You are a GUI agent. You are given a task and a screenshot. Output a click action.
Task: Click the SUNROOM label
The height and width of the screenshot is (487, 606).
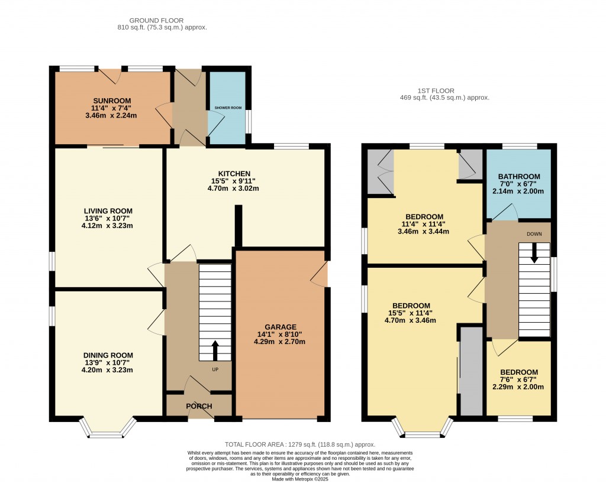[111, 100]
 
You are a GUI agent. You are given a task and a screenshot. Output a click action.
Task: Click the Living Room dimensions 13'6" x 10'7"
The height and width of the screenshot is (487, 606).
[108, 219]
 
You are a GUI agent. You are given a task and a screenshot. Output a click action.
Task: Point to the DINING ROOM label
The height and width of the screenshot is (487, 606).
[108, 355]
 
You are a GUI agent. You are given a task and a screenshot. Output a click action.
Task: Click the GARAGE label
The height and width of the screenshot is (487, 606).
[281, 327]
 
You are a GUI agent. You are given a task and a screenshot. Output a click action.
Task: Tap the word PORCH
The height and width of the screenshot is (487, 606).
[199, 407]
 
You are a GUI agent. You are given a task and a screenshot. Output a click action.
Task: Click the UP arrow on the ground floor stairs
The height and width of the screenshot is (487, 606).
[214, 350]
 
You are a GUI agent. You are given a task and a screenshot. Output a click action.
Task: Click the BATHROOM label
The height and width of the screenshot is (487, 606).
[519, 177]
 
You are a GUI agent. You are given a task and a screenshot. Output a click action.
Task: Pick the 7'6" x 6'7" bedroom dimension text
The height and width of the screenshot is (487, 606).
[518, 379]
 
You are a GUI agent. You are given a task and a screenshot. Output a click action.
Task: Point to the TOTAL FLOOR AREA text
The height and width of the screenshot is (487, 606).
[300, 444]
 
